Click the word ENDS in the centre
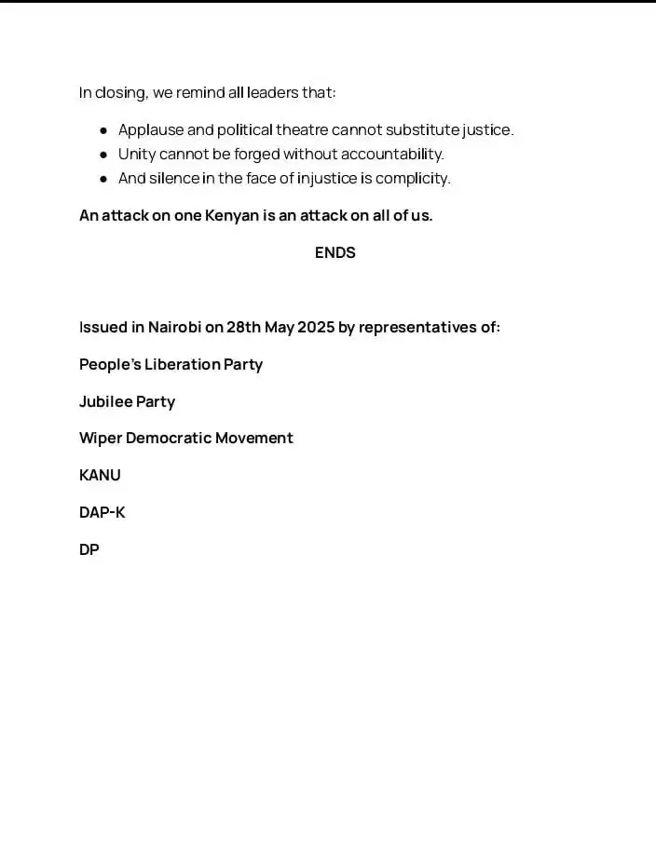[335, 252]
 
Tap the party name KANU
[100, 475]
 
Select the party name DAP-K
[102, 512]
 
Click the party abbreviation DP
[89, 549]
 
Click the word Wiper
[100, 439]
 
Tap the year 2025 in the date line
[316, 327]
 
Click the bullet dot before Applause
[103, 130]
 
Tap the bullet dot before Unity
[103, 155]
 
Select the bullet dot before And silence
[103, 179]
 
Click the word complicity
[412, 179]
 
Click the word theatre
[302, 130]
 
